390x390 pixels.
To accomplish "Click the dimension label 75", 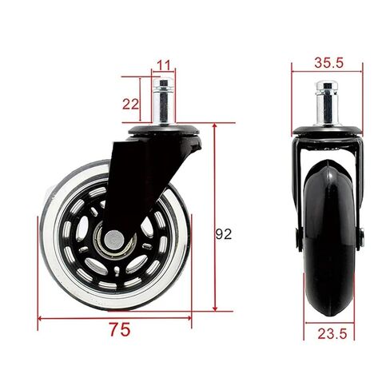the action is [x=120, y=329].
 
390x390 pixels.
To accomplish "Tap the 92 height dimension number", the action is [x=224, y=234].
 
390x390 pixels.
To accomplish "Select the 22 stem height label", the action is [x=130, y=104].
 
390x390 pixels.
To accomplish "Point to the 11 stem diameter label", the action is [x=163, y=66].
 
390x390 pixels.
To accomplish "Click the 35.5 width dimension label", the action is [x=328, y=63].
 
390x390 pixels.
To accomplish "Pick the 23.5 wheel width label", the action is [x=332, y=333].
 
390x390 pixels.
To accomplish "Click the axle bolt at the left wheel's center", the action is [x=114, y=239].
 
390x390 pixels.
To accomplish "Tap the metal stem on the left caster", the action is [x=163, y=101].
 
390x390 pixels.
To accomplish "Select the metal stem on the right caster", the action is [x=327, y=104].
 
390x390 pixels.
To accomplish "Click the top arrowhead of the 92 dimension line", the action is [x=215, y=126].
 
